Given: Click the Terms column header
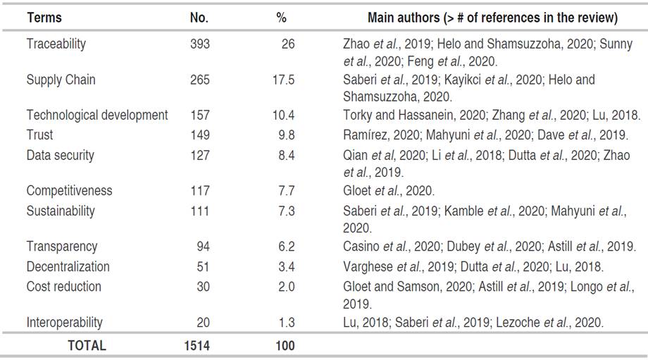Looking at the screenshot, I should (44, 18).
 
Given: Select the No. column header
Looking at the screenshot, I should (199, 18).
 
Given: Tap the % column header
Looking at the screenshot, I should (281, 18).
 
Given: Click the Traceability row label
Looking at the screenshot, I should (56, 44).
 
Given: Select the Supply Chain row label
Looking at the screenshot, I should (61, 80).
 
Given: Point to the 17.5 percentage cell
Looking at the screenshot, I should (283, 80).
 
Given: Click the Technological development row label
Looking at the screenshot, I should (97, 115).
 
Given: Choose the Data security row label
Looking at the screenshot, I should (60, 155).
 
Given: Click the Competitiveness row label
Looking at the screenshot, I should (69, 190).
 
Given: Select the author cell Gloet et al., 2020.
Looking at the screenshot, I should (389, 190).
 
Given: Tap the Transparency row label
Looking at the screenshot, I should (62, 246).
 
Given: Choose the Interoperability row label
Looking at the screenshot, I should (64, 322).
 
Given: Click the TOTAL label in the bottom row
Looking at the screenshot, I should (86, 345).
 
